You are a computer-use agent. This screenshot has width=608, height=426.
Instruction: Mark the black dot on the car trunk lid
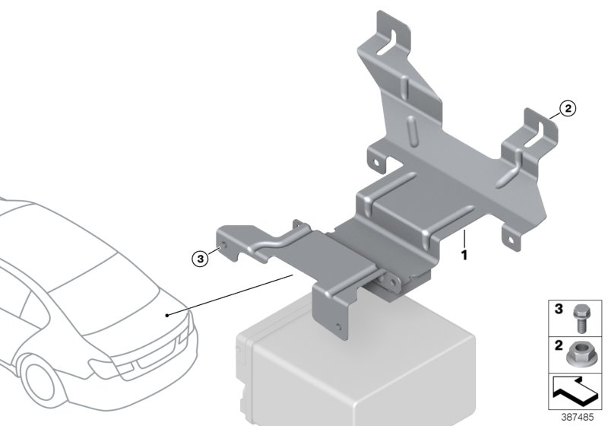point(167,313)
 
